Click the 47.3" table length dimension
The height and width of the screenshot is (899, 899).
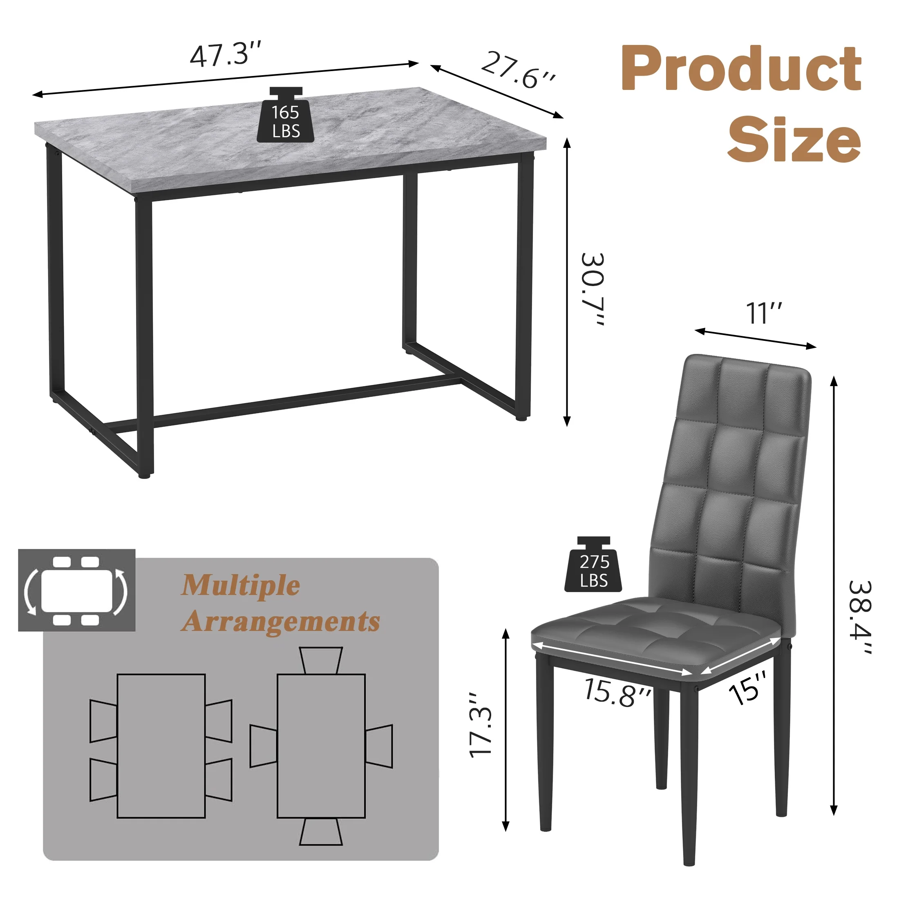click(226, 54)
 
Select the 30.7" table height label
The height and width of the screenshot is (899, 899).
click(594, 288)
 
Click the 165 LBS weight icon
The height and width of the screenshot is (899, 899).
click(286, 116)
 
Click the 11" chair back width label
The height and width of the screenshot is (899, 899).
click(764, 313)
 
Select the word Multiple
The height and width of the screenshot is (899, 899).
click(240, 586)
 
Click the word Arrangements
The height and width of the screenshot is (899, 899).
click(281, 622)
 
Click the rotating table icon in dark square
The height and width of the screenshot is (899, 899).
click(77, 590)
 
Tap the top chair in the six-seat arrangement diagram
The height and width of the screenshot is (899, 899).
click(321, 660)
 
